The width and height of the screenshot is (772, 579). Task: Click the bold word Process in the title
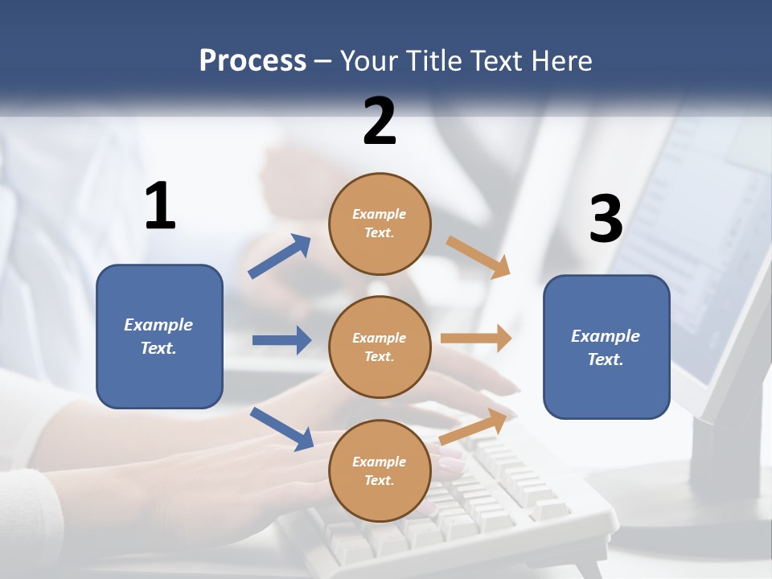coord(253,61)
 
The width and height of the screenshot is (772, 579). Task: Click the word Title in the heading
coord(433,61)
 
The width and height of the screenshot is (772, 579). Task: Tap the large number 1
coord(160,206)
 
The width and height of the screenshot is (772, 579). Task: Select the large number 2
coord(380,121)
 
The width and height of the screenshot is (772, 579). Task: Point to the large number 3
coord(606,220)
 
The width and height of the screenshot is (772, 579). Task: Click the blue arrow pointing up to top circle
coord(280,257)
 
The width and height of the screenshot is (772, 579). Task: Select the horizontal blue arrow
coord(281,340)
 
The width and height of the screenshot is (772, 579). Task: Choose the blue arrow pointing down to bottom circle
coord(281,429)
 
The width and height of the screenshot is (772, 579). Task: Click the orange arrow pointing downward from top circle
coord(478,257)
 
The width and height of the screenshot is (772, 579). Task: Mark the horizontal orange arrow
coord(476,339)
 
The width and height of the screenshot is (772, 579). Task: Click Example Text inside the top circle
coord(380,224)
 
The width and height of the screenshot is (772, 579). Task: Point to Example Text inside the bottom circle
coord(380,471)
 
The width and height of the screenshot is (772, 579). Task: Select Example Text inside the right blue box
coord(606,347)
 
